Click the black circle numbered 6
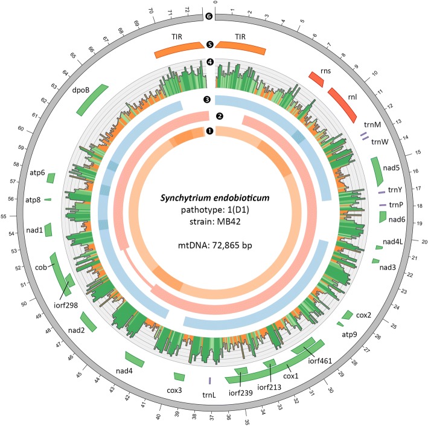(x=209, y=16)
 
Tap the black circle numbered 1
(x=209, y=131)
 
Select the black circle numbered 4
(x=209, y=62)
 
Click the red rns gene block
(x=315, y=79)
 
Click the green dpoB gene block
(x=92, y=99)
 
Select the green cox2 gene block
(x=348, y=315)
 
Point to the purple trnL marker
(x=209, y=381)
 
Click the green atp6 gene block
(x=51, y=178)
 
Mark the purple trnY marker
(x=382, y=192)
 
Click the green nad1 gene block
(x=49, y=230)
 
